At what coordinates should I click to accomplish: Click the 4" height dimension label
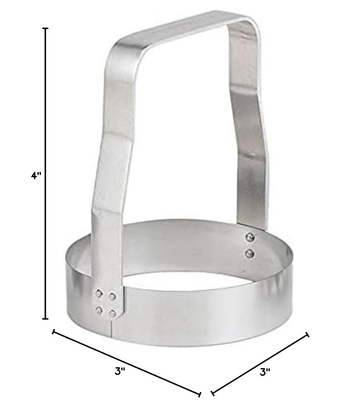point(36,176)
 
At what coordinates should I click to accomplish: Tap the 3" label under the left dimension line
point(120,371)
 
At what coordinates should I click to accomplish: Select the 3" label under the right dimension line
point(265,372)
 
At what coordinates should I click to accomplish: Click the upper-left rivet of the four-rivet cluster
point(99,294)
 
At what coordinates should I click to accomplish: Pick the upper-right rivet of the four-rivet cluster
point(112,296)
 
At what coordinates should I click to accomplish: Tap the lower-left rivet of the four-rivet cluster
point(99,310)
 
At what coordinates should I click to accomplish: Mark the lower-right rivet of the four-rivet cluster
point(113,313)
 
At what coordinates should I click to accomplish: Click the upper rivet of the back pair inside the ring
point(250,237)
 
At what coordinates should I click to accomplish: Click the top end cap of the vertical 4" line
point(46,28)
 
